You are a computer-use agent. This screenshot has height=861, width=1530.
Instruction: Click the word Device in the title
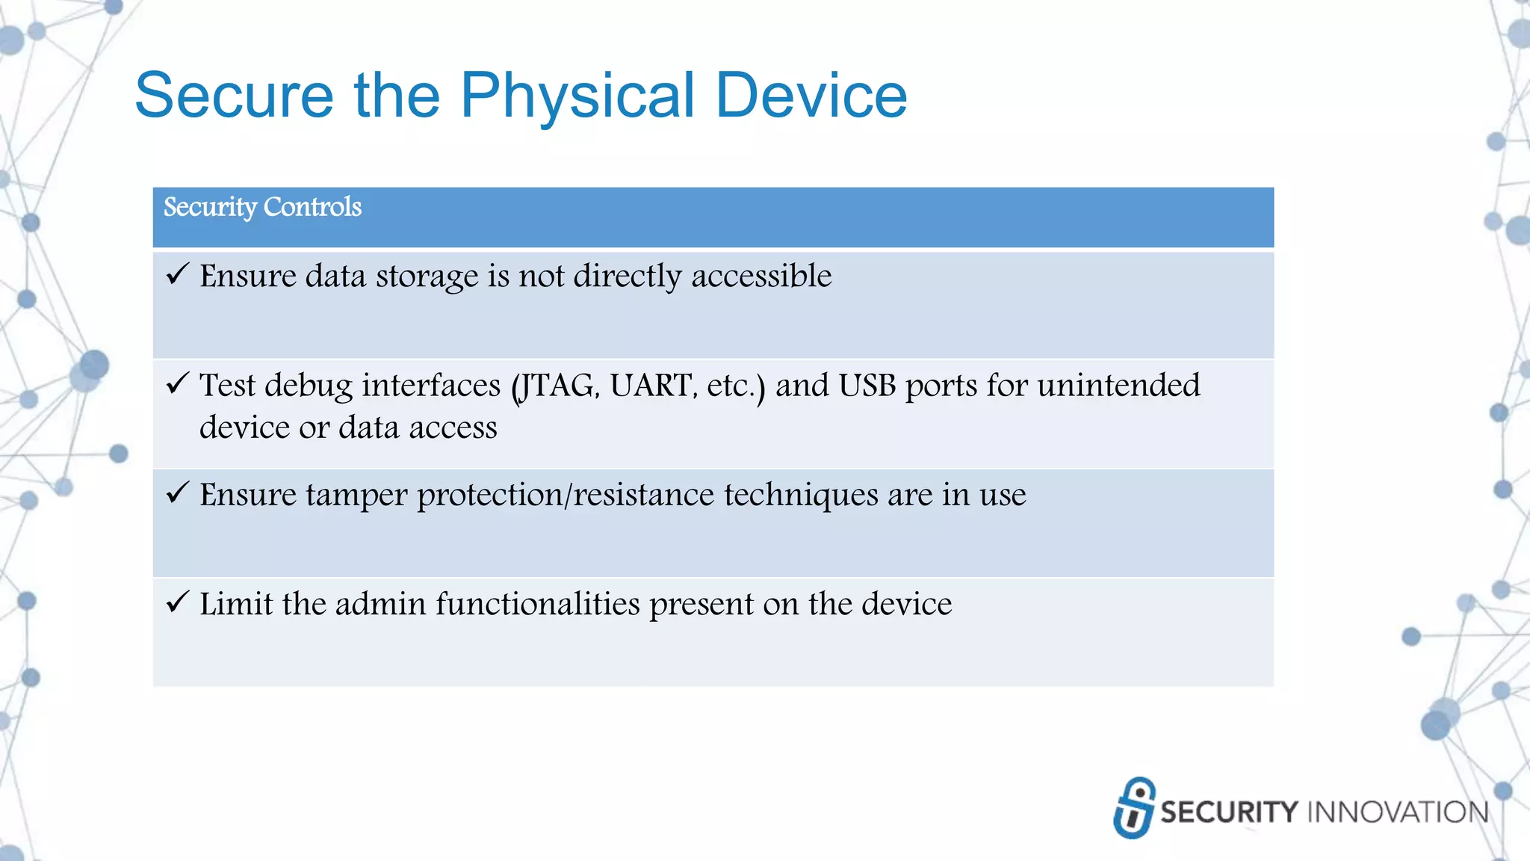click(811, 96)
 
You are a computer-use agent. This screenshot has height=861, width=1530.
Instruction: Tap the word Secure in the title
click(234, 96)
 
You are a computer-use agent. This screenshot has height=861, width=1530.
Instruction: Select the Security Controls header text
click(262, 207)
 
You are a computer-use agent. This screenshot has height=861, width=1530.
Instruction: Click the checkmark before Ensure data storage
click(178, 274)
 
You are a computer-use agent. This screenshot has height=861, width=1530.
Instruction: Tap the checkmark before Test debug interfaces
click(178, 383)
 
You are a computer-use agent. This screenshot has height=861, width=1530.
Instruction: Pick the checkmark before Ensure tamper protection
click(178, 493)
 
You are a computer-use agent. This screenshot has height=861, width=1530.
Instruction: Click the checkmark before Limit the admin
click(178, 602)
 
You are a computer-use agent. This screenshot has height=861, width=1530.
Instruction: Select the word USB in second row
click(867, 386)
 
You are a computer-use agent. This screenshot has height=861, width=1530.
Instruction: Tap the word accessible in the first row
click(761, 277)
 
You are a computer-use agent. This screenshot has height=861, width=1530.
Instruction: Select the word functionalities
click(538, 605)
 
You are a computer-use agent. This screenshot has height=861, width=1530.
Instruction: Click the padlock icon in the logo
click(1134, 808)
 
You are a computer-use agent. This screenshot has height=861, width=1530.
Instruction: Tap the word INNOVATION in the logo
click(1398, 812)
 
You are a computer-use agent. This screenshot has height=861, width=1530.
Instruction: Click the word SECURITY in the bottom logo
click(1229, 812)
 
